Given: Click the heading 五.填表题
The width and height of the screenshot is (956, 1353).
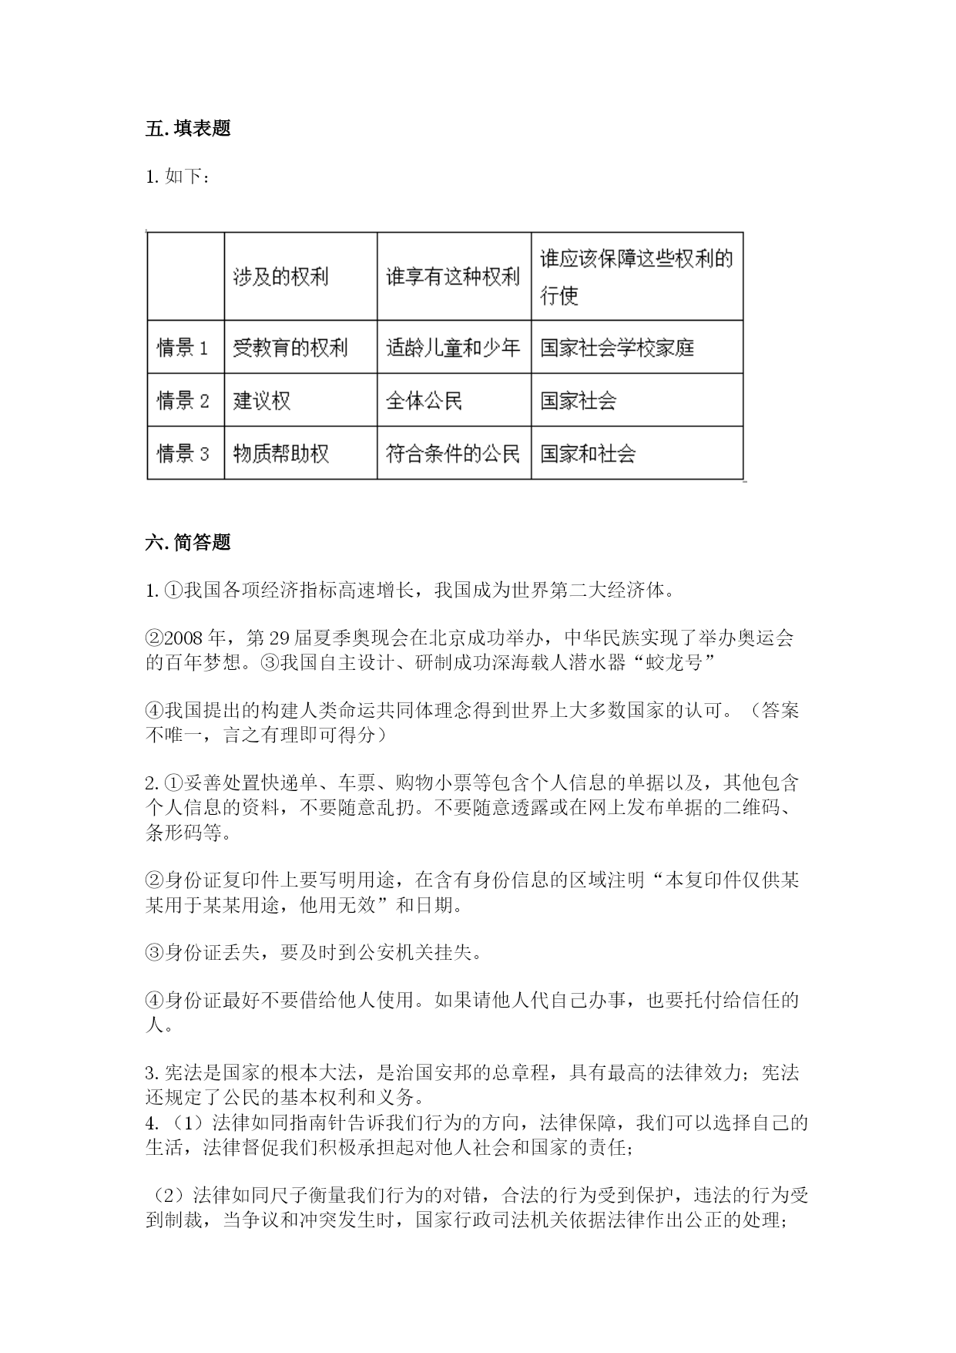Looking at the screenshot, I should pyautogui.click(x=188, y=129).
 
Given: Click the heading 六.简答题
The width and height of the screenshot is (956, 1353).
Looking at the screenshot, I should pyautogui.click(x=188, y=543).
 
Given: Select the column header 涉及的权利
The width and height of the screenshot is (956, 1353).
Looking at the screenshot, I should pyautogui.click(x=281, y=277).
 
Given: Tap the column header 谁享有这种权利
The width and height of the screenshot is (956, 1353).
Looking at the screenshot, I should pyautogui.click(x=453, y=277).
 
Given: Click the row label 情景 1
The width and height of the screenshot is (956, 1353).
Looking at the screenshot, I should pyautogui.click(x=183, y=348).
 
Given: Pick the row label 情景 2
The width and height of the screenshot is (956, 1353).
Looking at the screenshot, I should pyautogui.click(x=183, y=401).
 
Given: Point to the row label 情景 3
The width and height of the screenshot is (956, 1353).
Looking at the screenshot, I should pyautogui.click(x=183, y=453).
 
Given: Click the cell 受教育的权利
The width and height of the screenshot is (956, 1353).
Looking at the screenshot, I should pyautogui.click(x=290, y=348).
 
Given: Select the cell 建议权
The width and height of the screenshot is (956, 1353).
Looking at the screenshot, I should pyautogui.click(x=262, y=401).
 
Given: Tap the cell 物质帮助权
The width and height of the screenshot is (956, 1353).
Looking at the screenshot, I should pyautogui.click(x=281, y=453).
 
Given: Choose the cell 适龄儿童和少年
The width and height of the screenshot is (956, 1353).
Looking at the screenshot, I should pyautogui.click(x=453, y=348).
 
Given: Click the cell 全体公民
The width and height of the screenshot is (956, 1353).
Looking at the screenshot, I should pyautogui.click(x=424, y=401).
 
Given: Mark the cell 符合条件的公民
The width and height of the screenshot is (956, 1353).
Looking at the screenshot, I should pyautogui.click(x=453, y=453).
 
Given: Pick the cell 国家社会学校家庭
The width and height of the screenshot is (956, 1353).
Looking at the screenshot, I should pyautogui.click(x=617, y=348).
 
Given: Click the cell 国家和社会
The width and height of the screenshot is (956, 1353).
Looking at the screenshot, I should pyautogui.click(x=588, y=453).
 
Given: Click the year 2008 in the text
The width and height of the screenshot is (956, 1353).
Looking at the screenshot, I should pyautogui.click(x=183, y=639).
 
